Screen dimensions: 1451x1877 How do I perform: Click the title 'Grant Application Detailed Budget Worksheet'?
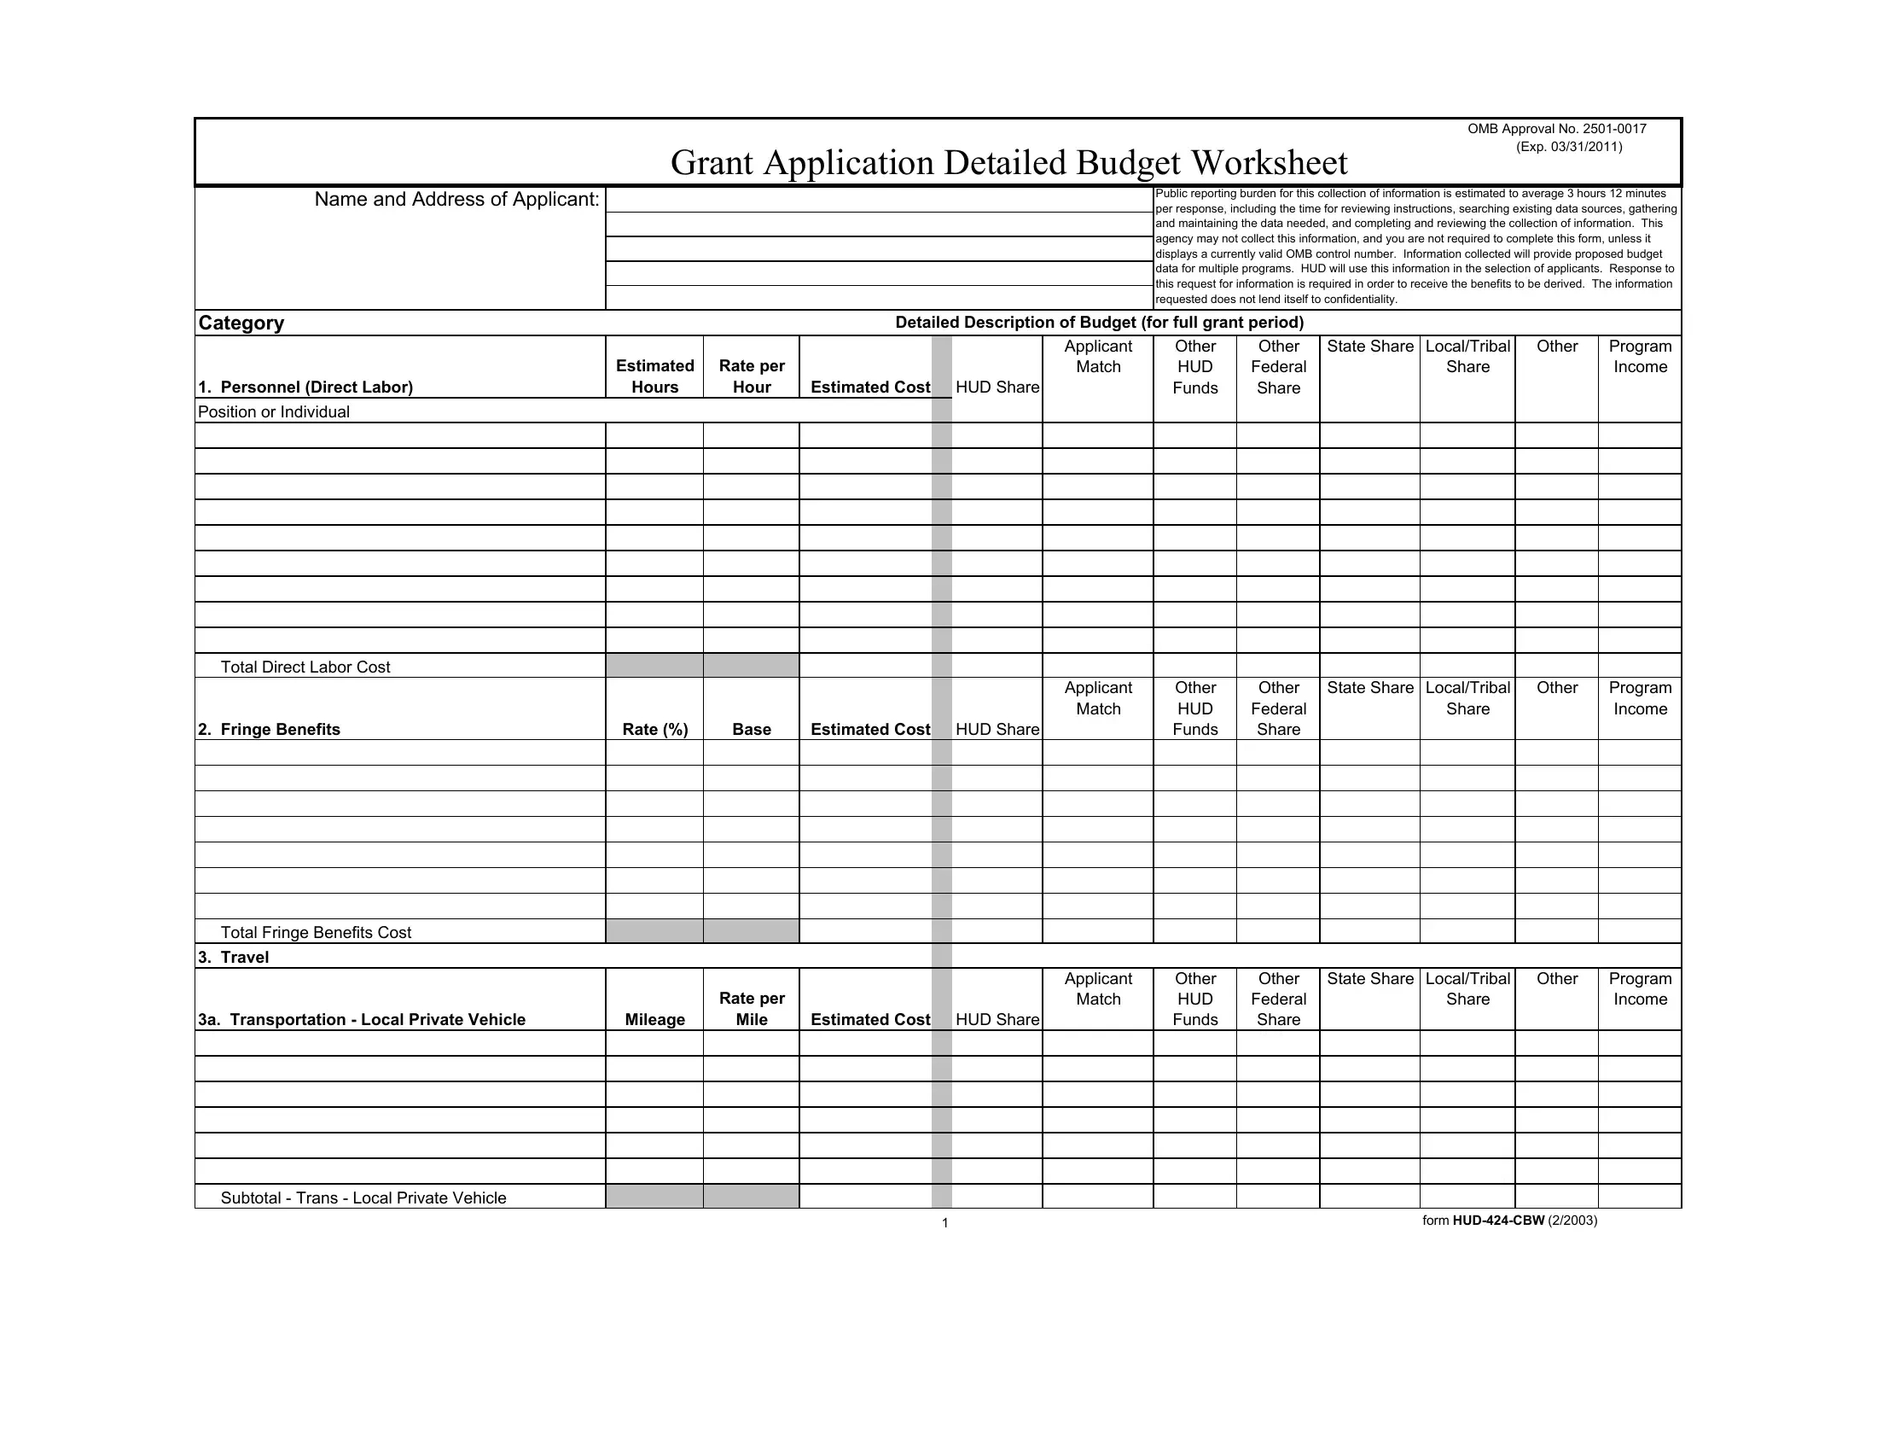pyautogui.click(x=1008, y=162)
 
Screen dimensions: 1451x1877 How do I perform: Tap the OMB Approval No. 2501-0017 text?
pyautogui.click(x=1556, y=129)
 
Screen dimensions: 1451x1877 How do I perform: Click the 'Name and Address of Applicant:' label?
pyautogui.click(x=456, y=200)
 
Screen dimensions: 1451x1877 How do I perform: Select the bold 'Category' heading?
pyautogui.click(x=241, y=323)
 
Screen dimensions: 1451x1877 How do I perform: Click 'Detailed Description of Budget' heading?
pyautogui.click(x=1099, y=323)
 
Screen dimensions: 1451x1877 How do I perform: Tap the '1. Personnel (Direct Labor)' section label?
pyautogui.click(x=305, y=387)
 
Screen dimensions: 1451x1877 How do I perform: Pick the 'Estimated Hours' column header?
pyautogui.click(x=655, y=376)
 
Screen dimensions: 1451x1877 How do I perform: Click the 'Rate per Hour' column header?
pyautogui.click(x=752, y=376)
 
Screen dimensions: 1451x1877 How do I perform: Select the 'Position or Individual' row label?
pyautogui.click(x=273, y=411)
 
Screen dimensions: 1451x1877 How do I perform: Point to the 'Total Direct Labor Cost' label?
pyautogui.click(x=305, y=667)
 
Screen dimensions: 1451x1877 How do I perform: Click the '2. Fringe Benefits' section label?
pyautogui.click(x=269, y=730)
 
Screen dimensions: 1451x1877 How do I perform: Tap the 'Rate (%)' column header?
pyautogui.click(x=655, y=730)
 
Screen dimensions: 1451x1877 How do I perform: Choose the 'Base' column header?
pyautogui.click(x=752, y=730)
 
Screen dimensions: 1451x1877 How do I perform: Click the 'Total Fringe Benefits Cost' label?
pyautogui.click(x=316, y=933)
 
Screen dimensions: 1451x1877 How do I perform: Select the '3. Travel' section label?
pyautogui.click(x=233, y=958)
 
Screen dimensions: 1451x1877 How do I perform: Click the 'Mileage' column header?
pyautogui.click(x=655, y=1019)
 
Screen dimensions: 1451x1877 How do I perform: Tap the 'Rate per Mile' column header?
pyautogui.click(x=752, y=1009)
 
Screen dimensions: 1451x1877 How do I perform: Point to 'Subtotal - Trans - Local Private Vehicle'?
pyautogui.click(x=363, y=1198)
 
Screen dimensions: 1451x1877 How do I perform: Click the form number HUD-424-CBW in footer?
pyautogui.click(x=1498, y=1221)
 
